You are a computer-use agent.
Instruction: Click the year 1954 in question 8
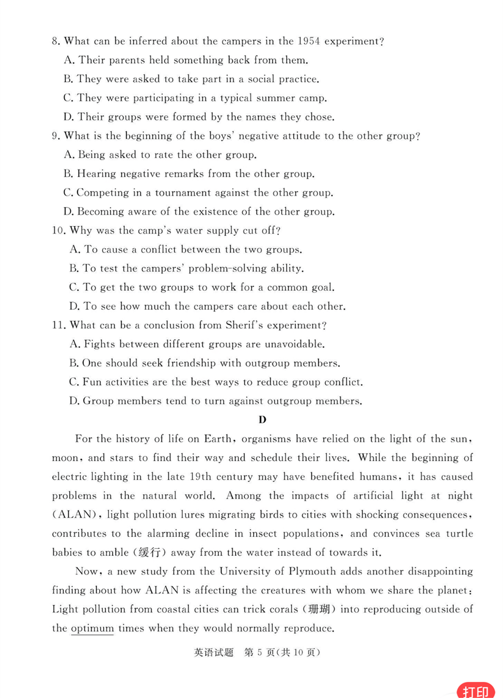tap(308, 41)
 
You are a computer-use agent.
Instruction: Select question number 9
tap(56, 136)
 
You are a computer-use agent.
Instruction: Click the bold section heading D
tap(262, 420)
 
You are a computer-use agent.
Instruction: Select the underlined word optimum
tap(92, 628)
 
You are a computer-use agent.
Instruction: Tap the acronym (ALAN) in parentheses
tap(74, 515)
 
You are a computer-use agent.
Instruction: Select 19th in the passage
tap(200, 477)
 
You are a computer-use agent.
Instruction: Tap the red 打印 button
tap(476, 690)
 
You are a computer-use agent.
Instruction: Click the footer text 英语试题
tap(214, 652)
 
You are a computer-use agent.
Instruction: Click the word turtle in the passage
tap(459, 534)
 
